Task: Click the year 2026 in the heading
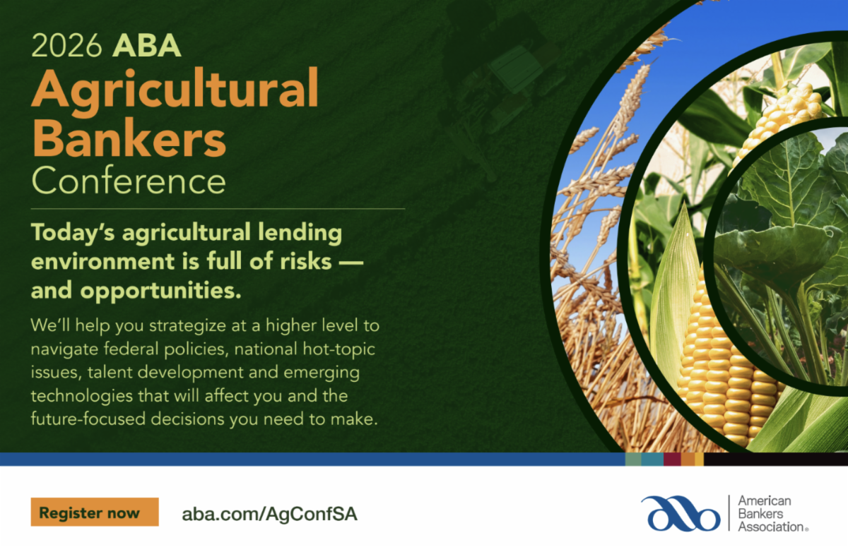(x=66, y=46)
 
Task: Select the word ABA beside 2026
(x=146, y=46)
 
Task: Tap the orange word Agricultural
(x=175, y=89)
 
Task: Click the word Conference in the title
(x=129, y=181)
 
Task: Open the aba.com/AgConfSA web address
(x=269, y=514)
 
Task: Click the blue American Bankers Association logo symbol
(x=681, y=513)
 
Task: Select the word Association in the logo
(x=772, y=527)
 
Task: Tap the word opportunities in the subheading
(x=160, y=291)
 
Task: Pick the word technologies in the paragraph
(x=82, y=396)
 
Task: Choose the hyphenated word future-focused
(x=88, y=419)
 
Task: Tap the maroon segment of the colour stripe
(x=672, y=459)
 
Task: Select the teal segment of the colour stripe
(x=652, y=459)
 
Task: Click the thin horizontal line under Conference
(x=218, y=209)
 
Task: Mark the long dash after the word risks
(x=351, y=262)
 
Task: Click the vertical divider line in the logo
(x=729, y=513)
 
